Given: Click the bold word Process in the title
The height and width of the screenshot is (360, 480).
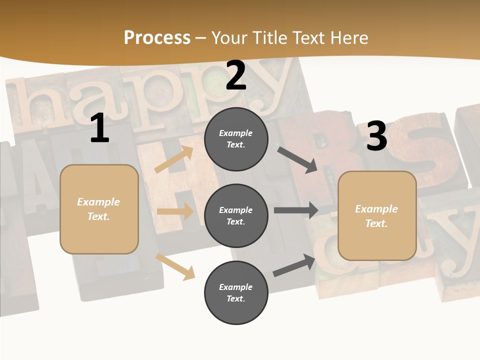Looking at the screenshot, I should [157, 38].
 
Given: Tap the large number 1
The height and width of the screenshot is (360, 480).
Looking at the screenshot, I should [99, 128].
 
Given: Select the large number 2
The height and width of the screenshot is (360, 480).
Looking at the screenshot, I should [236, 76].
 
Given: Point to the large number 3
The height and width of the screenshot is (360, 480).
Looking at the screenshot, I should [376, 136].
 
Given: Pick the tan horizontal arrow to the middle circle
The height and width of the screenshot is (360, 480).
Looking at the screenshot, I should [175, 211].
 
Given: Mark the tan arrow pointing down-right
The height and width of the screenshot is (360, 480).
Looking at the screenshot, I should [175, 266].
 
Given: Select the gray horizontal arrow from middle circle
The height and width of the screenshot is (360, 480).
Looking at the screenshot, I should [296, 210].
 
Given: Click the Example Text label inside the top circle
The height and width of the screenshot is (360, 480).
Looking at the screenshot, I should [236, 138].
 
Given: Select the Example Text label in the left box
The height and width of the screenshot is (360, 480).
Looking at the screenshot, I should [98, 209].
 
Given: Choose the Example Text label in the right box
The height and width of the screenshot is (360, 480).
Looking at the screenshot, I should [376, 216].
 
